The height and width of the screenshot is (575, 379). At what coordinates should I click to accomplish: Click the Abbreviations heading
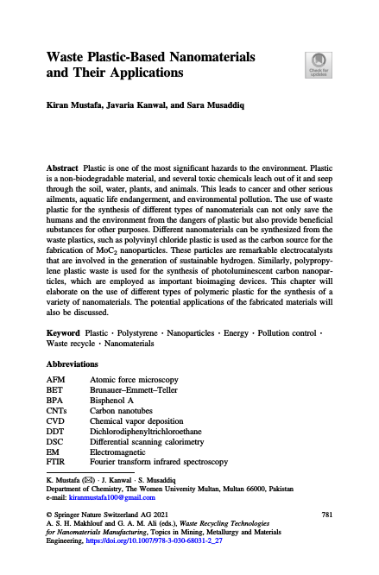point(75,365)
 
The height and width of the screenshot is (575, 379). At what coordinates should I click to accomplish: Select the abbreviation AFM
point(55,380)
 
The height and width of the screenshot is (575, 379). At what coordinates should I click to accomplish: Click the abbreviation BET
point(54,390)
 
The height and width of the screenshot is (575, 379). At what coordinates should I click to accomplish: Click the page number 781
point(326,515)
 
